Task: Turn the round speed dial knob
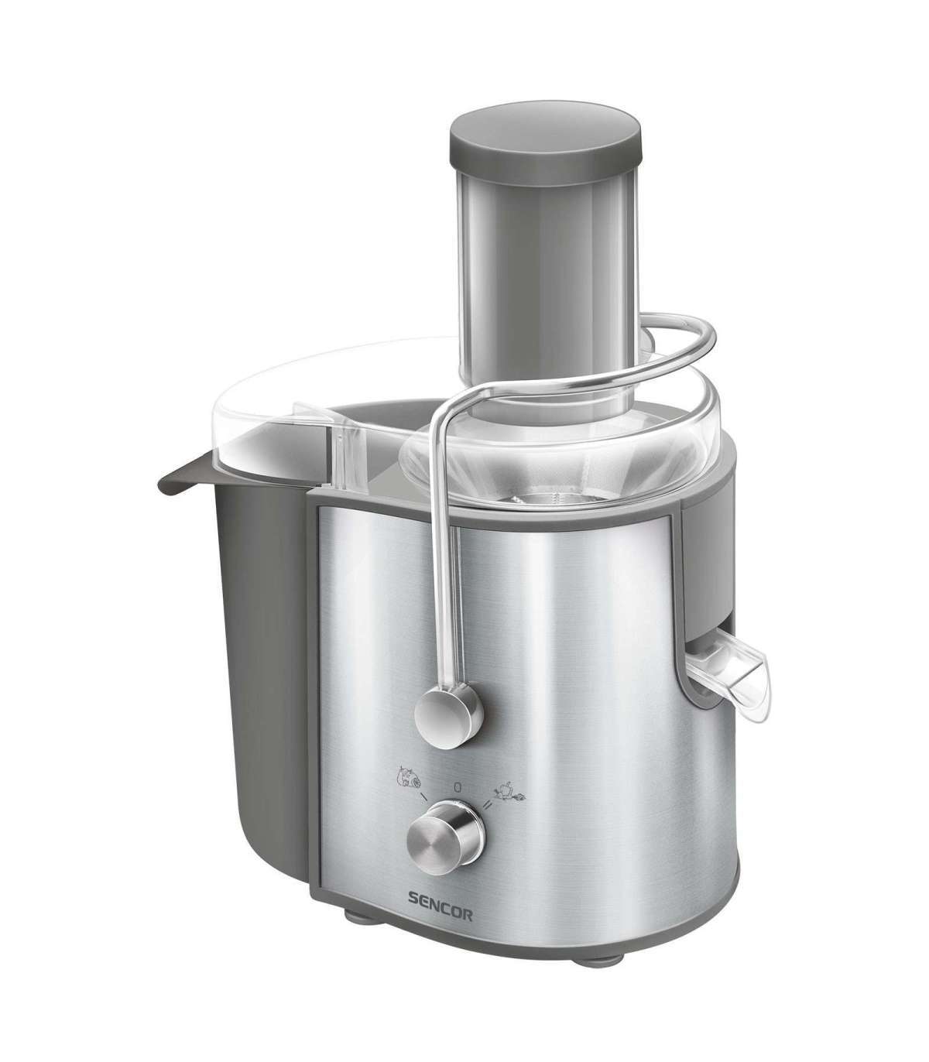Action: (446, 845)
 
